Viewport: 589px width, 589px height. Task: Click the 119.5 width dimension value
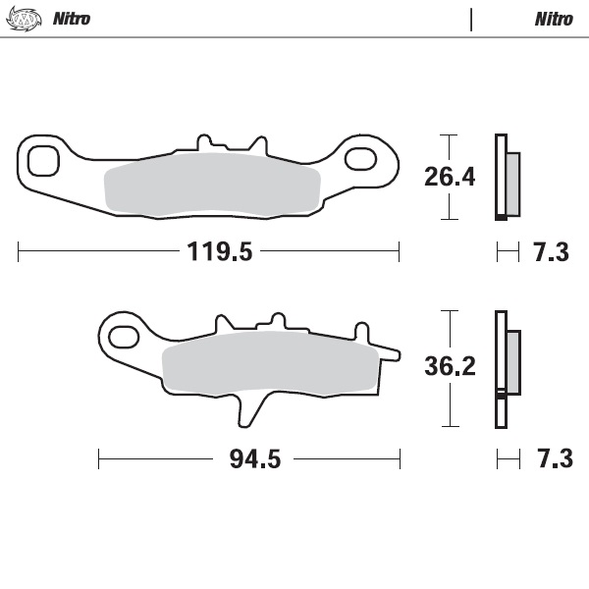pyautogui.click(x=221, y=252)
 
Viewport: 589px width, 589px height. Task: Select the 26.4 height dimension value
pyautogui.click(x=449, y=177)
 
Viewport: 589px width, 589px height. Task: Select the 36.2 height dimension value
pyautogui.click(x=449, y=367)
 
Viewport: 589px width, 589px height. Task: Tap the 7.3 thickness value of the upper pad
pyautogui.click(x=551, y=252)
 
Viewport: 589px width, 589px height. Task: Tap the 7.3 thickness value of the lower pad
pyautogui.click(x=551, y=459)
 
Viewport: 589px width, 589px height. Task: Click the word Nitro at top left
pyautogui.click(x=71, y=19)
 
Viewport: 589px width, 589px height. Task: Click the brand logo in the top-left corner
pyautogui.click(x=27, y=19)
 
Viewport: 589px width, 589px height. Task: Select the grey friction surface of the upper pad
pyautogui.click(x=213, y=187)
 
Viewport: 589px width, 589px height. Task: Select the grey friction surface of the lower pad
pyautogui.click(x=270, y=365)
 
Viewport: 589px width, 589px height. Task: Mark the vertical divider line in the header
pyautogui.click(x=472, y=19)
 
